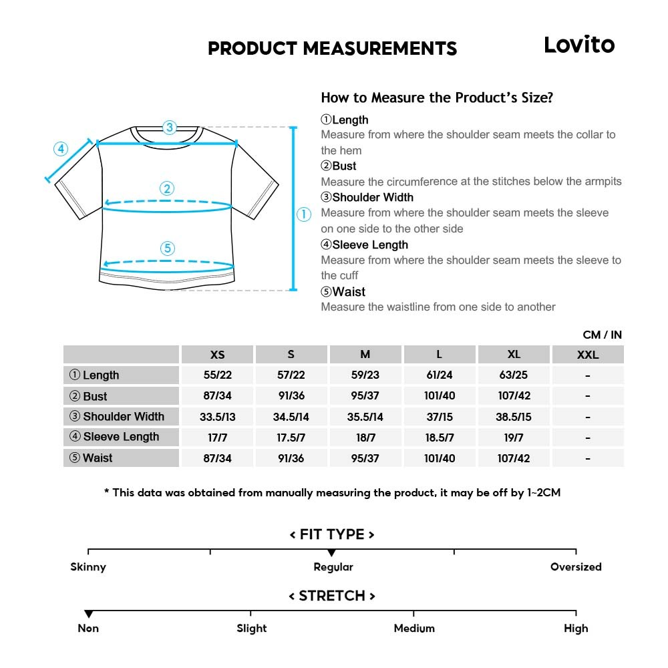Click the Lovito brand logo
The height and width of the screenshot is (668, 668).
pyautogui.click(x=578, y=45)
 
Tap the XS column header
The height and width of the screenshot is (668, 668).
pyautogui.click(x=218, y=355)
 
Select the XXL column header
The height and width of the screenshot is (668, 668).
pyautogui.click(x=588, y=355)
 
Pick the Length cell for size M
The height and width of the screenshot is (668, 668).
pyautogui.click(x=365, y=375)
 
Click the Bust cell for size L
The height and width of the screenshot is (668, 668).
pyautogui.click(x=439, y=396)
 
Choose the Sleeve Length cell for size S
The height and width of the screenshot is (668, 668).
pyautogui.click(x=291, y=438)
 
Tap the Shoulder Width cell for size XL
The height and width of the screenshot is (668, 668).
pyautogui.click(x=514, y=417)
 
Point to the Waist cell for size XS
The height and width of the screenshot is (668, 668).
pyautogui.click(x=218, y=458)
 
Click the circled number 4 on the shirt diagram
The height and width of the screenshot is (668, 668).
pyautogui.click(x=61, y=149)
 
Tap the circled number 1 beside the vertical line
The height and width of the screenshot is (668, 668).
pyautogui.click(x=304, y=214)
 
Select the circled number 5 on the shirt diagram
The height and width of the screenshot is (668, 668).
pyautogui.click(x=168, y=248)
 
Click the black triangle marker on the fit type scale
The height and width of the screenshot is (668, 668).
pyautogui.click(x=331, y=553)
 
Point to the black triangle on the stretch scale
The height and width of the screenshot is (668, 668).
pyautogui.click(x=88, y=614)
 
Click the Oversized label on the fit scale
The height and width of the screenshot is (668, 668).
pyautogui.click(x=576, y=567)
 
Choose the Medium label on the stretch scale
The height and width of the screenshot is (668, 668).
pyautogui.click(x=414, y=629)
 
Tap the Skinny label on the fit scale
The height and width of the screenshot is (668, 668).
pyautogui.click(x=88, y=567)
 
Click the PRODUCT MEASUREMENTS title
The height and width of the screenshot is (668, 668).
pyautogui.click(x=332, y=49)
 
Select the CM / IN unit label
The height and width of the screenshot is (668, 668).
pyautogui.click(x=602, y=335)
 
